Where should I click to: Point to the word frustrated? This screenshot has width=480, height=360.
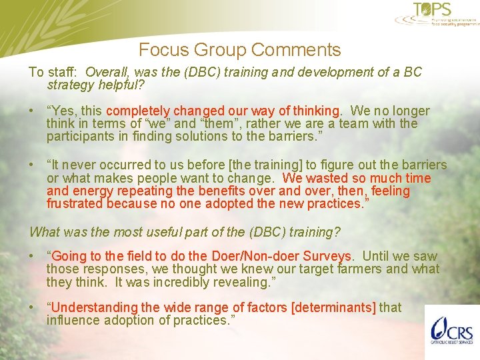[x=75, y=203]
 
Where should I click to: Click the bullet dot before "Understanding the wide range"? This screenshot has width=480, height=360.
[x=33, y=307]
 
